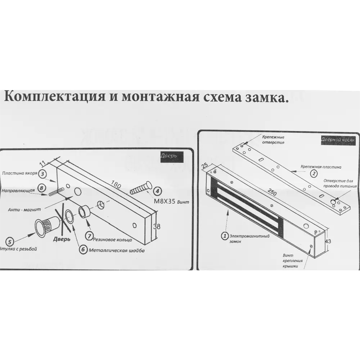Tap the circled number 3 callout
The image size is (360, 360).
click(42, 174)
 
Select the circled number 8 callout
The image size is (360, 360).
click(41, 188)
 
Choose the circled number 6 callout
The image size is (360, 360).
click(83, 249)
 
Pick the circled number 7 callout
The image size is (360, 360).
click(90, 236)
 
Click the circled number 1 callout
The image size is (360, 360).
click(225, 236)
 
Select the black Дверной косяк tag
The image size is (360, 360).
click(337, 139)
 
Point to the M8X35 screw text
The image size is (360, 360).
click(165, 201)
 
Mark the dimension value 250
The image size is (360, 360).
click(273, 193)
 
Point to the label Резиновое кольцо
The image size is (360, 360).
click(112, 239)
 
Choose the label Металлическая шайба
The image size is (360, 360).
click(117, 250)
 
